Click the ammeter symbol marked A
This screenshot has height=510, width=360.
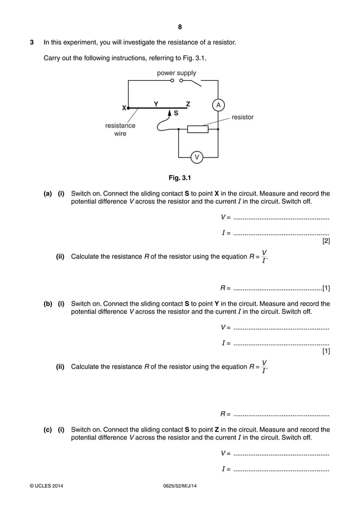(218, 105)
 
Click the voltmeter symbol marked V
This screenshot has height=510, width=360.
(196, 156)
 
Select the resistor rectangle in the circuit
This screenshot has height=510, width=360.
(197, 129)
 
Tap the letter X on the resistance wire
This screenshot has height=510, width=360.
(124, 107)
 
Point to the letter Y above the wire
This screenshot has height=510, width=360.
(156, 103)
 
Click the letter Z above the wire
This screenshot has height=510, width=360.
(188, 103)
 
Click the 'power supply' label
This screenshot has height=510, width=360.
(177, 73)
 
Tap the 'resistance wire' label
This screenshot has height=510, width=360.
(120, 129)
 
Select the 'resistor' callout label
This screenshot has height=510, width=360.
(243, 117)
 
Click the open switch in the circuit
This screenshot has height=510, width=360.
(192, 82)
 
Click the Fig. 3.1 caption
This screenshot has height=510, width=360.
(179, 178)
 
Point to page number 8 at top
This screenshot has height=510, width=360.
(179, 27)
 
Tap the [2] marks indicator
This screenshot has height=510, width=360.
(326, 241)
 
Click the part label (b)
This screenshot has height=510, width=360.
(48, 304)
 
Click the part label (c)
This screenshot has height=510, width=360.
(48, 430)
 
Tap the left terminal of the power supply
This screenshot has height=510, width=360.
(172, 81)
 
